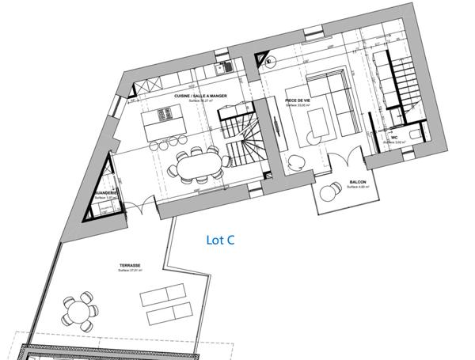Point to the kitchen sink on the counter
(224, 66)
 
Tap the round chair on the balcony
(329, 192)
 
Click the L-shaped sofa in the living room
(336, 99)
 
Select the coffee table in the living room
(319, 123)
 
